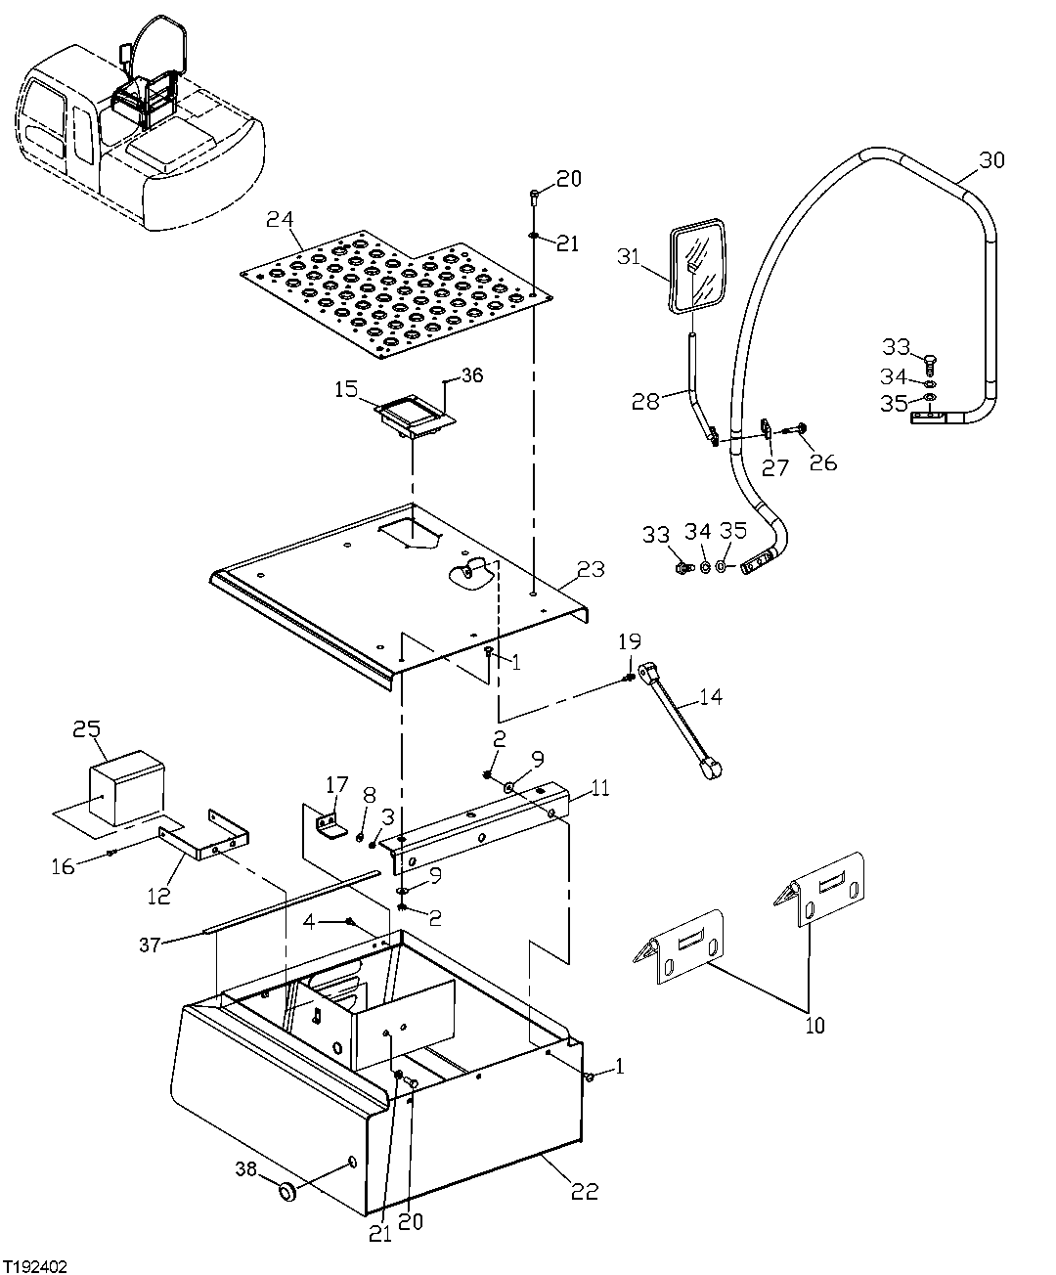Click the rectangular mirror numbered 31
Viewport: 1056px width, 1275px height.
(x=697, y=267)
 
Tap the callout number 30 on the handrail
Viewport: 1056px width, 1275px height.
(x=990, y=160)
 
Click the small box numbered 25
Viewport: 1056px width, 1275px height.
(x=126, y=787)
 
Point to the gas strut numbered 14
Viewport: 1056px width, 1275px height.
(x=681, y=722)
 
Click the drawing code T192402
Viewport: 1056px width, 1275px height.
(x=34, y=1265)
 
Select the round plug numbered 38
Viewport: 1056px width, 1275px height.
(x=287, y=1192)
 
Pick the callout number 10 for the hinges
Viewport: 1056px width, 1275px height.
(x=814, y=1025)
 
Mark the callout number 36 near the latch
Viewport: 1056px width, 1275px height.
(x=472, y=375)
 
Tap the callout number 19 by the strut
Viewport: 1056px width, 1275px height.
(x=630, y=641)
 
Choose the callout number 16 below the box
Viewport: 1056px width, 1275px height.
(x=63, y=866)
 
